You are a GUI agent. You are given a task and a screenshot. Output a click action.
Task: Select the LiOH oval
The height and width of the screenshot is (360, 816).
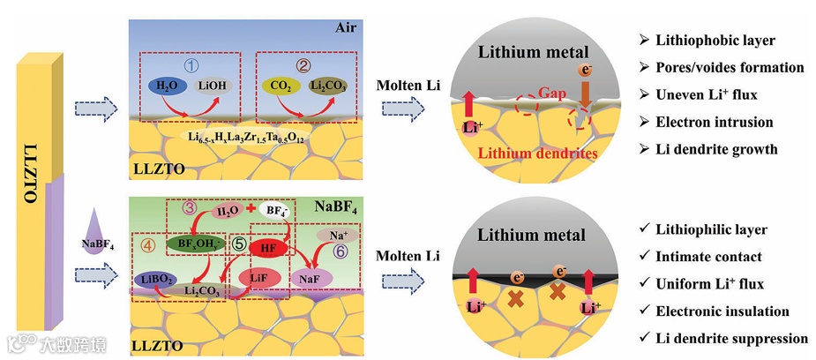pyautogui.click(x=213, y=86)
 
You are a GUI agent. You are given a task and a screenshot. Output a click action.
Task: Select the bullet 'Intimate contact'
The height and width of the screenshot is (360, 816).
pyautogui.click(x=708, y=257)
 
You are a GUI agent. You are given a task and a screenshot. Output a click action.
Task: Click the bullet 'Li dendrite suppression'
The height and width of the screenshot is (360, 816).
pyautogui.click(x=730, y=338)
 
